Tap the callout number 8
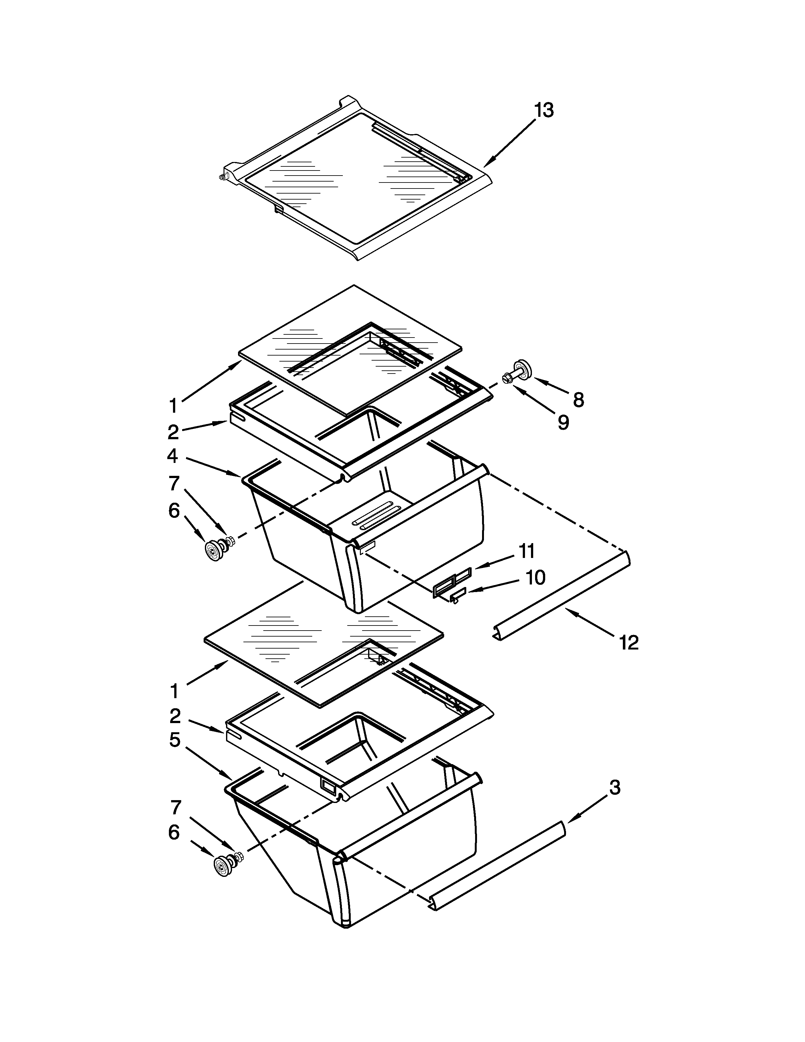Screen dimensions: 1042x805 pyautogui.click(x=578, y=400)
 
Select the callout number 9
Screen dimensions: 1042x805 pyautogui.click(x=563, y=422)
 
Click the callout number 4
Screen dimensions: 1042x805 pyautogui.click(x=173, y=456)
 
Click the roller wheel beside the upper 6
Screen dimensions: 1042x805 pyautogui.click(x=211, y=551)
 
